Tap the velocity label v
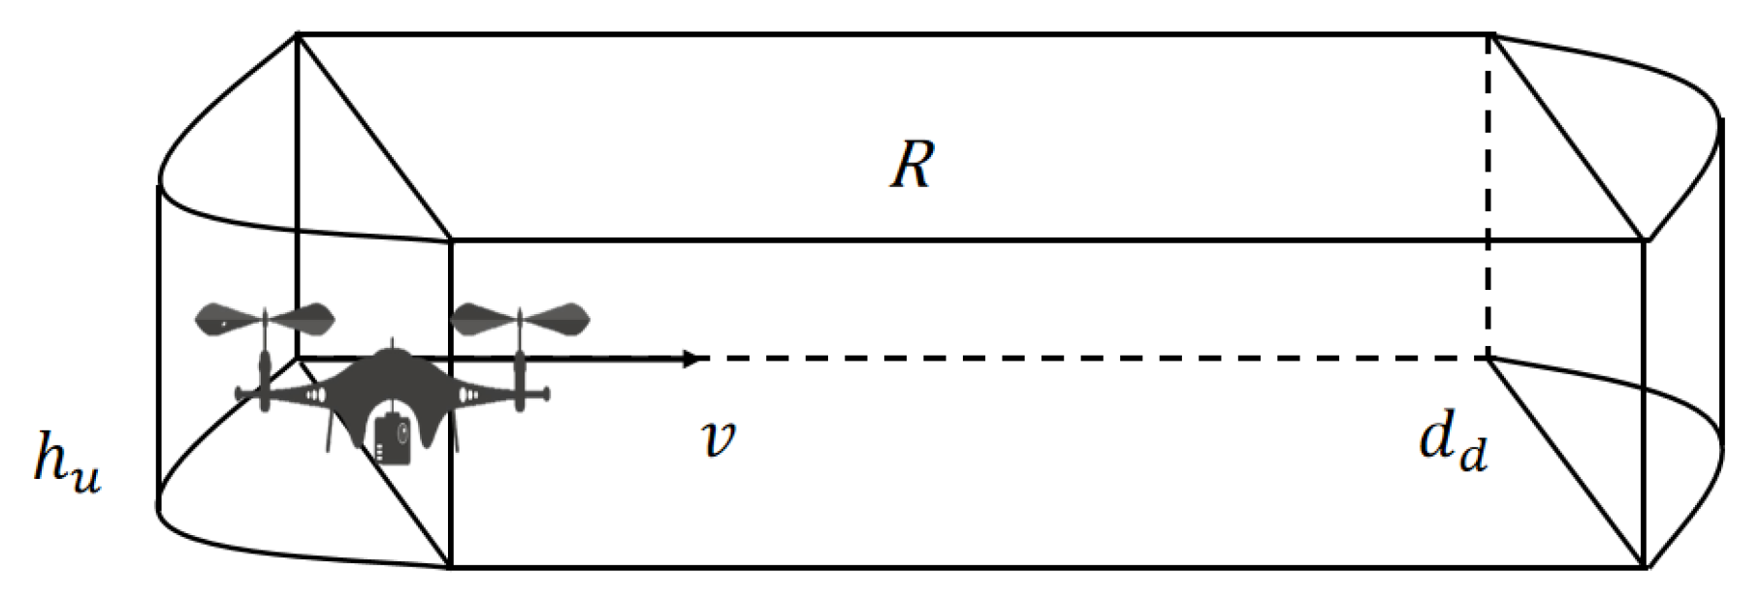pos(718,438)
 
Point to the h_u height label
pos(66,459)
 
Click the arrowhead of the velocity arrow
pos(690,359)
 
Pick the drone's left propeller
pos(264,318)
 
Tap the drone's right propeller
pos(520,318)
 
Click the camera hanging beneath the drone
pos(393,438)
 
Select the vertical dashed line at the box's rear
pos(1489,194)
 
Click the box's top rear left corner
pos(297,35)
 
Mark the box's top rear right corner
pos(1490,35)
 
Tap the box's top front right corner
pos(1645,239)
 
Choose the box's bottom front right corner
pos(1645,567)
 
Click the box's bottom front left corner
pos(451,567)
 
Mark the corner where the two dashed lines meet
pos(1489,359)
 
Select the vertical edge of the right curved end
pos(1720,281)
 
